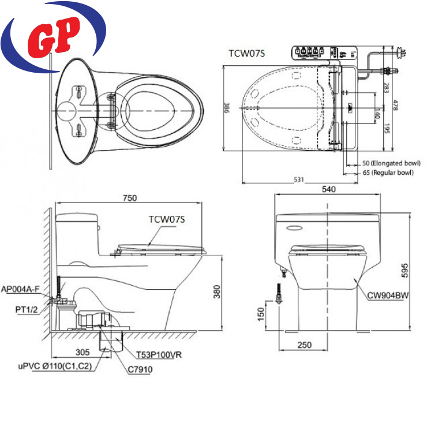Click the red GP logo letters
[x=54, y=37]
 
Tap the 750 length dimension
[x=130, y=198]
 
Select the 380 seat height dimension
[x=217, y=291]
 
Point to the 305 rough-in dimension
[x=83, y=352]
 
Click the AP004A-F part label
[x=20, y=289]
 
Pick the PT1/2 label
[x=27, y=310]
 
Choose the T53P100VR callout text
[x=159, y=355]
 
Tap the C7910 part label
[x=140, y=369]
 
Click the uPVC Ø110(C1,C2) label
[x=55, y=366]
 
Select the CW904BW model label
[x=388, y=295]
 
